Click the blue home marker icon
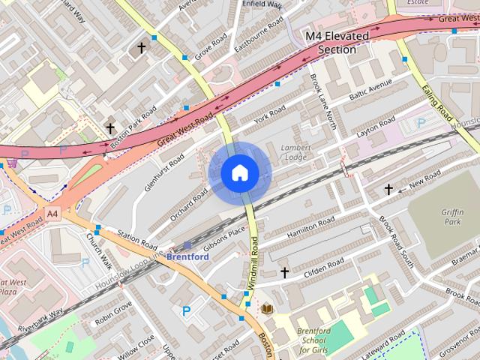click(x=239, y=173)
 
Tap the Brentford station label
click(x=187, y=256)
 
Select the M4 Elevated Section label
click(x=337, y=43)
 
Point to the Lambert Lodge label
click(x=295, y=152)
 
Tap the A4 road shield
click(x=52, y=214)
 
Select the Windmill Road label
click(x=253, y=262)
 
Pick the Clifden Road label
click(x=324, y=268)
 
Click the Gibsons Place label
click(x=223, y=240)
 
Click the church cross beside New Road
click(x=388, y=190)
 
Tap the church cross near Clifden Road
click(x=284, y=271)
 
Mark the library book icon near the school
click(x=267, y=309)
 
